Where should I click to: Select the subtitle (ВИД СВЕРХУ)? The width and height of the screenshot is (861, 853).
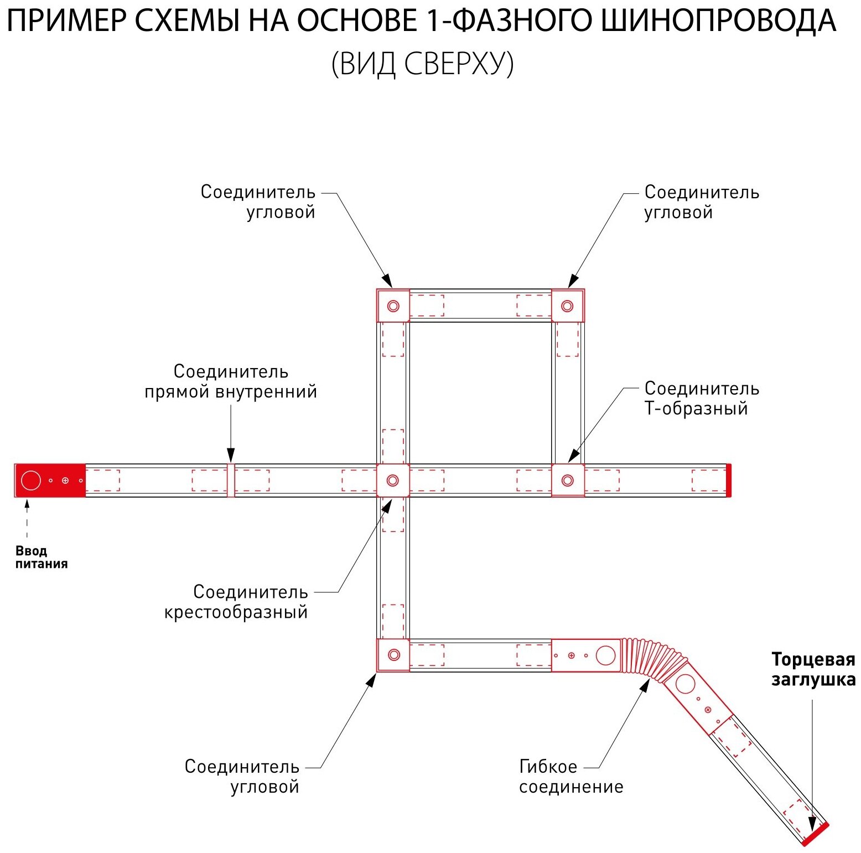[x=422, y=64]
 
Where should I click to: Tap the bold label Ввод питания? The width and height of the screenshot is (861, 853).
[x=41, y=557]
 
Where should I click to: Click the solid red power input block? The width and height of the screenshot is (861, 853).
[x=50, y=480]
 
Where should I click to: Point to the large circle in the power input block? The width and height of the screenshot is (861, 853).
[x=31, y=480]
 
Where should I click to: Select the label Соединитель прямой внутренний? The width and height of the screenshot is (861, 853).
[x=231, y=381]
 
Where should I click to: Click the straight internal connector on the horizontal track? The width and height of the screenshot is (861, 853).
[x=231, y=480]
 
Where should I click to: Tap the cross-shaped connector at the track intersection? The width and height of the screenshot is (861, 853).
[x=393, y=480]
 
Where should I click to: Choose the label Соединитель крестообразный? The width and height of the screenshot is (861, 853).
[x=236, y=602]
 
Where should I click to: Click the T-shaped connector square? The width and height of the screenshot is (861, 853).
[x=568, y=480]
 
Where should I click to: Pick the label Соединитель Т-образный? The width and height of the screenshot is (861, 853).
[x=701, y=399]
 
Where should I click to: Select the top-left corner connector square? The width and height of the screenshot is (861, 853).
[x=393, y=306]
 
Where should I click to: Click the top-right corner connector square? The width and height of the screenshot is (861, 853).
[x=568, y=306]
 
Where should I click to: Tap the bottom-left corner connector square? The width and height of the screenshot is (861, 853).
[x=393, y=655]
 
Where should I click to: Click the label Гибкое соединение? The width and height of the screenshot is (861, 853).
[x=570, y=777]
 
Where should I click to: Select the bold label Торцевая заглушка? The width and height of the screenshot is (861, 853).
[x=813, y=669]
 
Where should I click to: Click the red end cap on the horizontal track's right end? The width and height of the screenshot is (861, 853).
[x=729, y=480]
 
